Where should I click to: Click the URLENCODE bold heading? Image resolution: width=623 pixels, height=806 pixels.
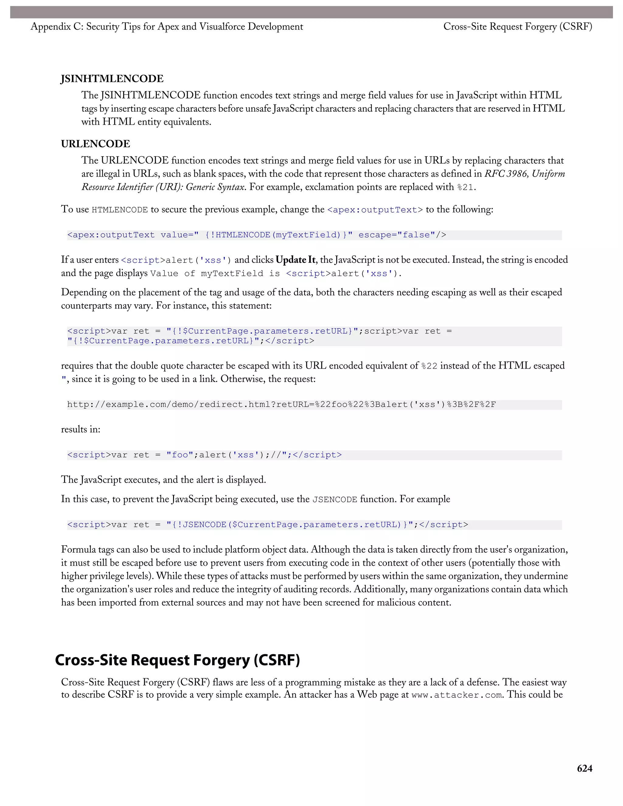coord(95,144)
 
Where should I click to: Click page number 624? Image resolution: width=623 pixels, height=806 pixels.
coord(584,768)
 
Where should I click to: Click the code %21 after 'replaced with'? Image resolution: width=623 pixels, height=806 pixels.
coord(465,187)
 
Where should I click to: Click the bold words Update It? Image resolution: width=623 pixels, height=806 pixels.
coord(295,260)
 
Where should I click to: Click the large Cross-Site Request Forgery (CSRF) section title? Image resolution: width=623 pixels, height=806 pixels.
coord(177,660)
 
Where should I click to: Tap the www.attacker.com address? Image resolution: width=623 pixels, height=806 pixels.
coord(457,695)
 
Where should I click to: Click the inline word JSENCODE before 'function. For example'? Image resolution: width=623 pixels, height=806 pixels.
coord(335,500)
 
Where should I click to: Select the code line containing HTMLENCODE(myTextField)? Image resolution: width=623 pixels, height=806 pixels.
coord(256,235)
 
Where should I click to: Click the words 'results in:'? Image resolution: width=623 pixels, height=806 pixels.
coord(80,429)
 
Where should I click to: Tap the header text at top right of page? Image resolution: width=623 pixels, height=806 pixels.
coord(517,26)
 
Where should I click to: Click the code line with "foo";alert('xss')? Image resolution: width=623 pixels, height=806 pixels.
coord(204,455)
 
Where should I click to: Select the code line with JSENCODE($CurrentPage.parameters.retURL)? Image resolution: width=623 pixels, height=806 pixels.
coord(267,525)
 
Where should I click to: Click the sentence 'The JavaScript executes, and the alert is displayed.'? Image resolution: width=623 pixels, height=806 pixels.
coord(163,480)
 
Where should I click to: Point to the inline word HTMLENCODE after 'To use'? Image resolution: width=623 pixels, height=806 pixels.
coord(120,210)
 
